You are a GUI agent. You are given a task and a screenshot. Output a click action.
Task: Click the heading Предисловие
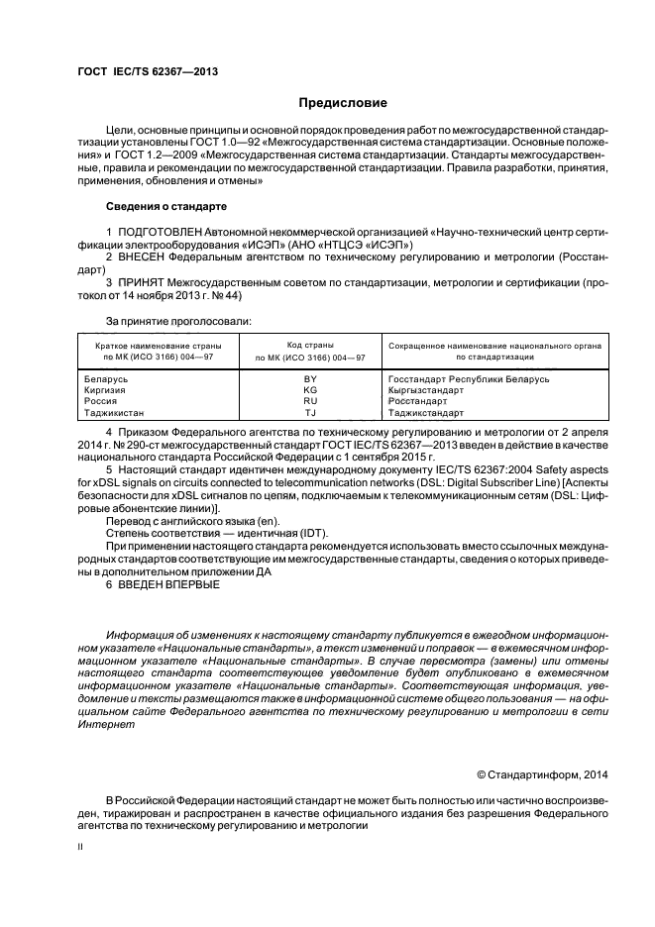point(343,102)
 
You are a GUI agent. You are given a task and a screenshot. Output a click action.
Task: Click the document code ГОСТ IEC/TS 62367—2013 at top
point(148,72)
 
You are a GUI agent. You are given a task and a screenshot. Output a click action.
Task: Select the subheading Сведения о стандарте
point(166,206)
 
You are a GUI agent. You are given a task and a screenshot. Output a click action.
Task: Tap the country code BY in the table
point(310,378)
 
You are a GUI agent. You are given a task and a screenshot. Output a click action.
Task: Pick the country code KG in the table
point(310,389)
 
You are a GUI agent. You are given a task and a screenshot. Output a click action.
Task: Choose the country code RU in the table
point(310,400)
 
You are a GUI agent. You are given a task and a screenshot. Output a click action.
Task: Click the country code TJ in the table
point(310,411)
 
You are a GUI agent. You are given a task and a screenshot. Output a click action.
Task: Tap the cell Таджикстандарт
point(424,411)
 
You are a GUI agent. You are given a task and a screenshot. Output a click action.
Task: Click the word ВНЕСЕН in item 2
point(147,256)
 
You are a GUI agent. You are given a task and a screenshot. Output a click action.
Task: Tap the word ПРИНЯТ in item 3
point(147,281)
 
